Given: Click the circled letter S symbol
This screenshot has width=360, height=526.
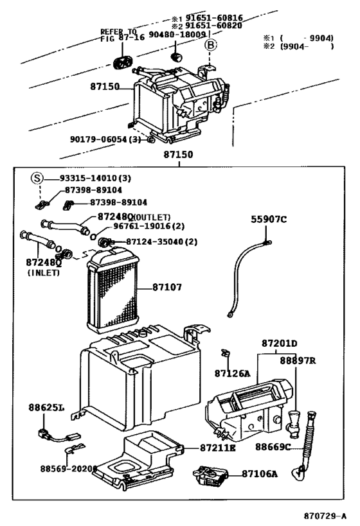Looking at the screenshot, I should click(38, 178).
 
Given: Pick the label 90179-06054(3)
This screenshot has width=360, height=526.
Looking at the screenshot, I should click(105, 139).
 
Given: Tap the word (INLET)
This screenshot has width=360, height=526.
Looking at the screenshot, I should click(44, 273).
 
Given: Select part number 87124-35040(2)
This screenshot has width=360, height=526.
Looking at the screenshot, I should click(152, 241).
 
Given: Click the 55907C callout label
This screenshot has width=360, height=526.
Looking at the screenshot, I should click(269, 219).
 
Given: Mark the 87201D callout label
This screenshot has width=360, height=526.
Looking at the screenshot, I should click(279, 344).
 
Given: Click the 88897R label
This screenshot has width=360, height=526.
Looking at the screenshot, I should click(297, 361).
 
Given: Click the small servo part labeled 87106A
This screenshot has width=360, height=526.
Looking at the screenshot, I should click(212, 475).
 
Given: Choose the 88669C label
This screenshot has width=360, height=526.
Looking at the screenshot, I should click(273, 446).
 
